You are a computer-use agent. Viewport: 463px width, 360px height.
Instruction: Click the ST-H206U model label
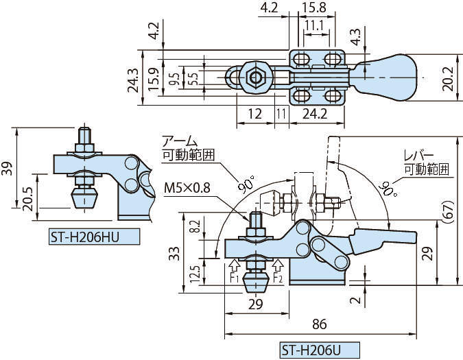point(309,350)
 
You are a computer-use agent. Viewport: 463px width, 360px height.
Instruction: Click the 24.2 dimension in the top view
point(311,114)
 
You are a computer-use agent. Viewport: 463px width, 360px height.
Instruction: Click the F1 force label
point(233,278)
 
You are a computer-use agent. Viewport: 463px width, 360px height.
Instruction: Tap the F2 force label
point(278,278)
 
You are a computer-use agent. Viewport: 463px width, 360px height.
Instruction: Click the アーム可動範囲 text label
point(187,148)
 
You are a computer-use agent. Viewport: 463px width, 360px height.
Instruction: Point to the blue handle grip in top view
point(387,77)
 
